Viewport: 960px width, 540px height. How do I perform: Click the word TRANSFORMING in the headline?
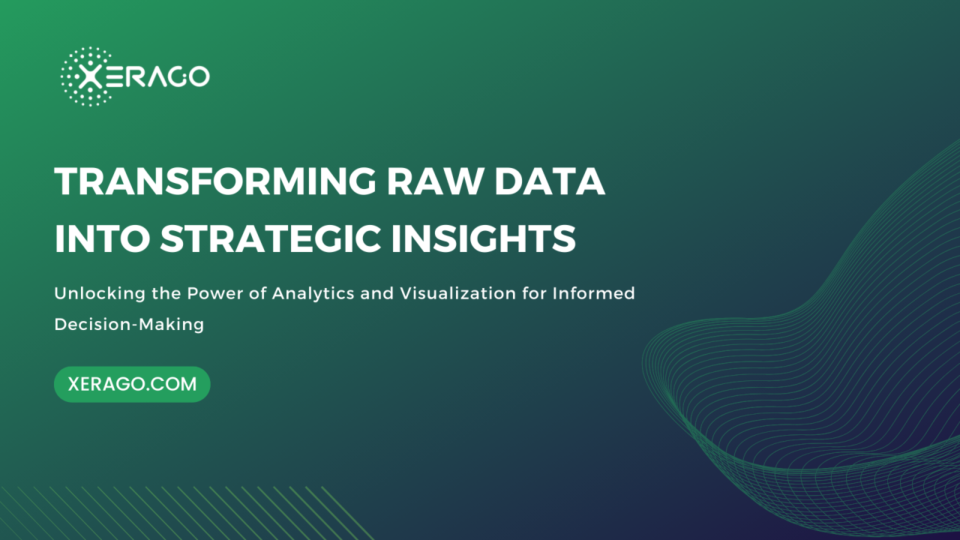click(215, 181)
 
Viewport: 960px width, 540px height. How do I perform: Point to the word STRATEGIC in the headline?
click(271, 238)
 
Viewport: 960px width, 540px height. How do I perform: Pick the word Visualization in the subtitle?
click(457, 293)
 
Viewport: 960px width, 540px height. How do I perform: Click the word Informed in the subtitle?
click(593, 293)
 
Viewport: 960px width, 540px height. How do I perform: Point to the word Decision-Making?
click(129, 325)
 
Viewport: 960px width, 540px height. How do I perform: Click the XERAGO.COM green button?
click(132, 384)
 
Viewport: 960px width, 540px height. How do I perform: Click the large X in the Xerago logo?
click(91, 77)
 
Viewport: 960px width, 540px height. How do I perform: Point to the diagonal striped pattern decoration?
click(184, 513)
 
